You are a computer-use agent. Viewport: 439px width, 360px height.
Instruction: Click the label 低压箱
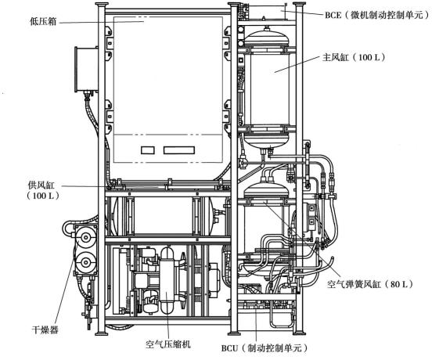(43, 22)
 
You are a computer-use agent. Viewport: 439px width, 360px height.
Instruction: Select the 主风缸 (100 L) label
(354, 58)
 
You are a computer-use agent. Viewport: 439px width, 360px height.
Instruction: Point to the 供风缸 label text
(41, 185)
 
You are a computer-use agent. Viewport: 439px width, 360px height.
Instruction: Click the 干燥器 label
(45, 329)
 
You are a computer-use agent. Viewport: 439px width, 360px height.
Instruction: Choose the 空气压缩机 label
(168, 344)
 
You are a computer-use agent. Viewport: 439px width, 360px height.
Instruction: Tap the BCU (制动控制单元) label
(264, 348)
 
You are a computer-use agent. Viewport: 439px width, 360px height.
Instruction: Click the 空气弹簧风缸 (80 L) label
(370, 284)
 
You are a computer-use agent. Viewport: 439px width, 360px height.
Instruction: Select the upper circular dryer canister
(85, 237)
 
